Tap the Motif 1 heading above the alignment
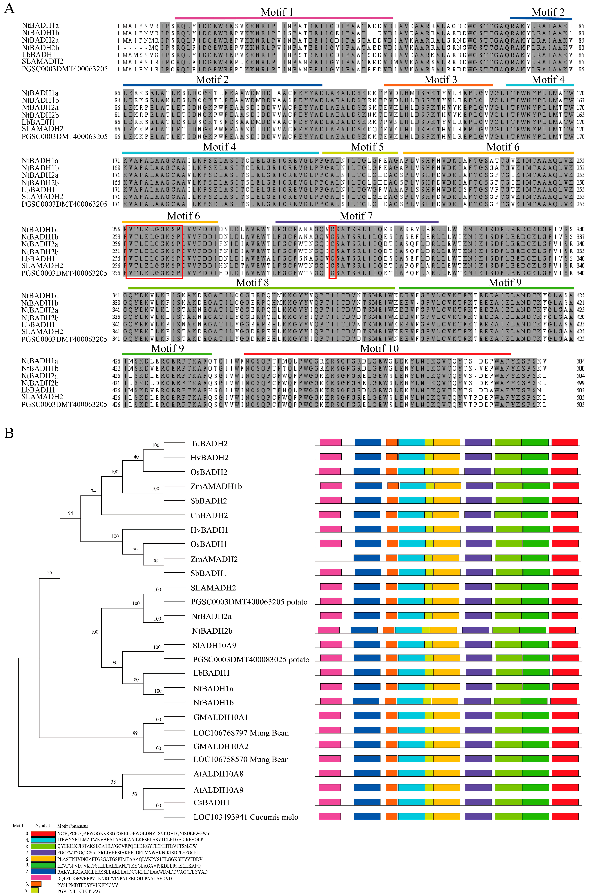[277, 12]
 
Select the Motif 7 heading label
[356, 216]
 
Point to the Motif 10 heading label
[379, 349]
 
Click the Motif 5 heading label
[367, 147]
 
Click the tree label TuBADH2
[209, 444]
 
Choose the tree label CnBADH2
[209, 515]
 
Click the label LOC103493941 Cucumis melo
[246, 817]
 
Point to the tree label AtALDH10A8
[218, 774]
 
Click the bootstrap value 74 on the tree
[93, 491]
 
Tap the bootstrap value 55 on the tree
[49, 573]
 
